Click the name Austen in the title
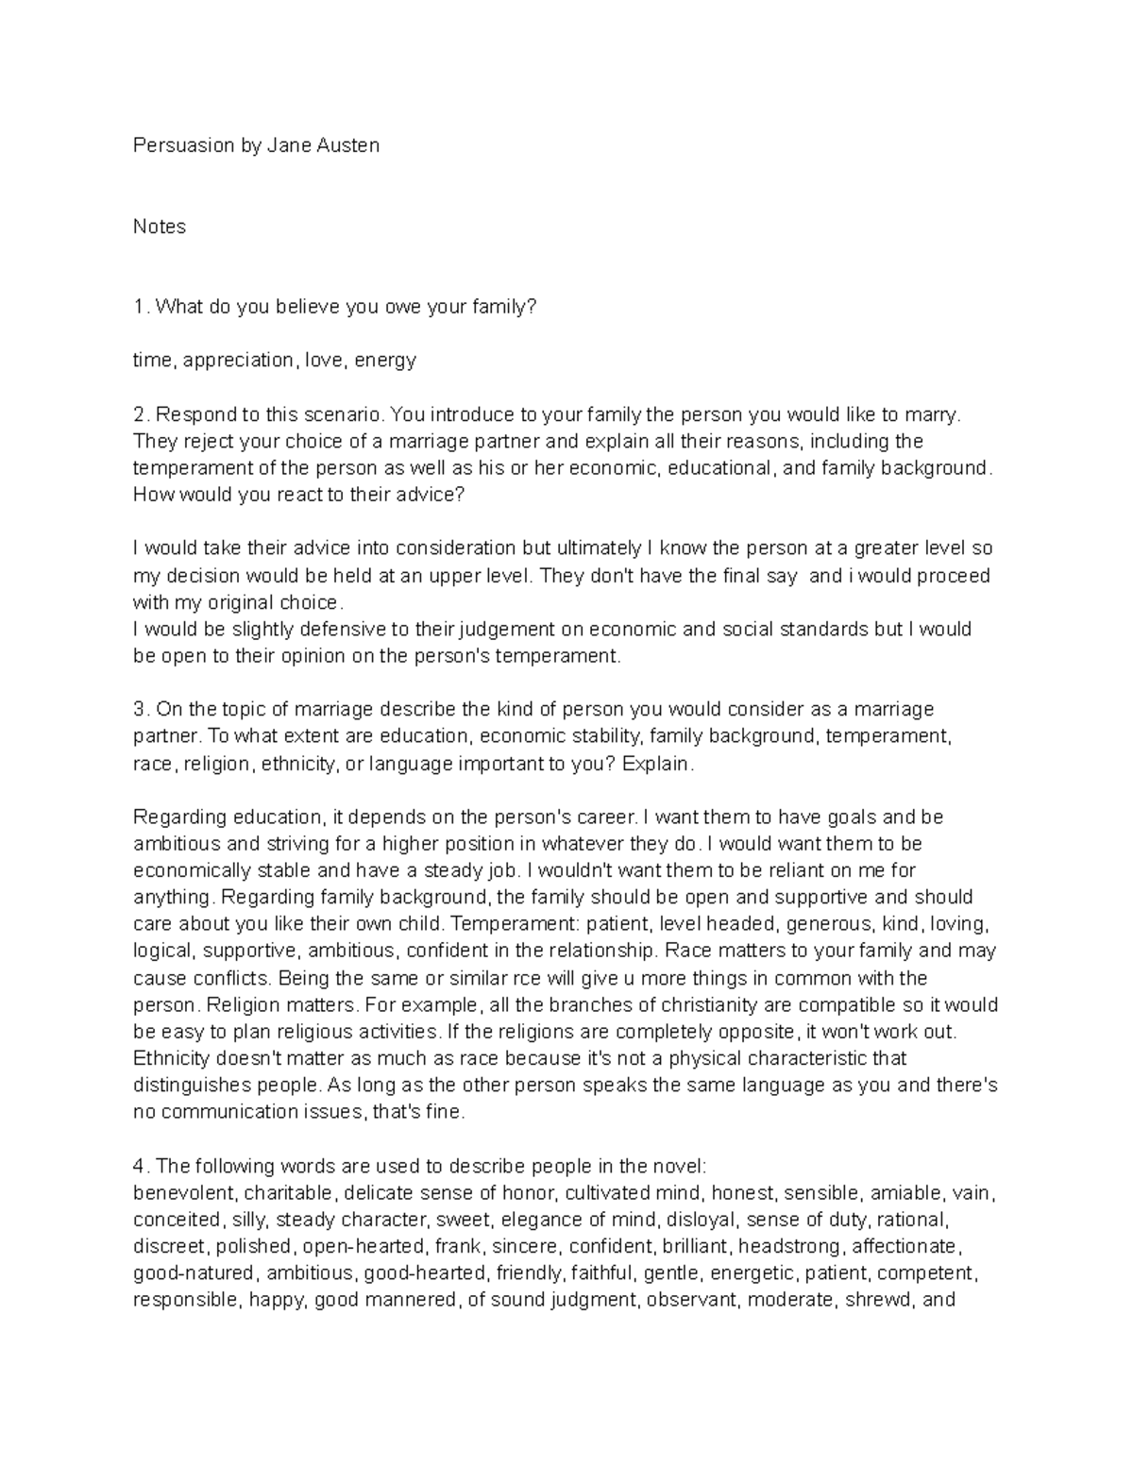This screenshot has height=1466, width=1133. click(x=350, y=145)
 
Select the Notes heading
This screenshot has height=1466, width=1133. click(x=160, y=227)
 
